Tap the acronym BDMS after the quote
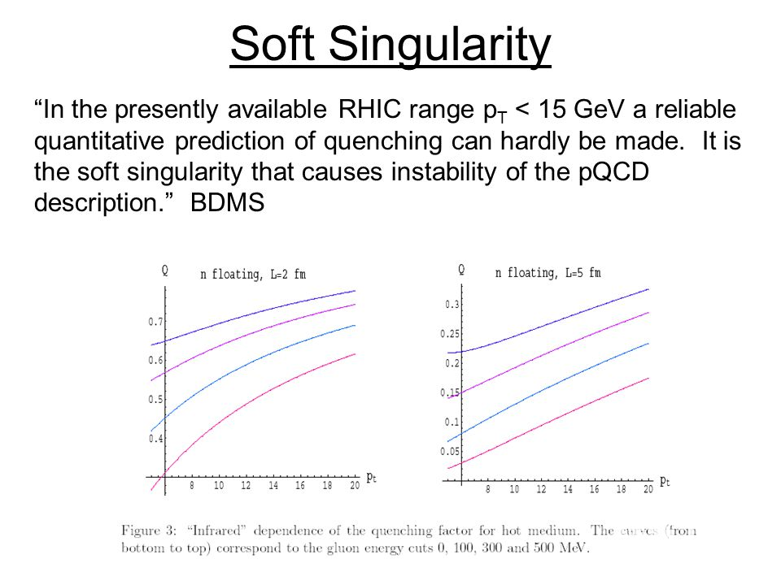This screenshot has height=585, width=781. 228,202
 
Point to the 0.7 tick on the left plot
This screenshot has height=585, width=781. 155,322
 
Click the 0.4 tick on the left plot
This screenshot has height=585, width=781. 155,439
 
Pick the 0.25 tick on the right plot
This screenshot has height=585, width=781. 450,334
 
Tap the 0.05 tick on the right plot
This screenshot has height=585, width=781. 450,451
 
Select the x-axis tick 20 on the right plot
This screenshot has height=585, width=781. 648,490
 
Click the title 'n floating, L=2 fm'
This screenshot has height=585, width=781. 253,275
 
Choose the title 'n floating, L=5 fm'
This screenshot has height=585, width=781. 548,273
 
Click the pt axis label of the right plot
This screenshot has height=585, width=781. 665,482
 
